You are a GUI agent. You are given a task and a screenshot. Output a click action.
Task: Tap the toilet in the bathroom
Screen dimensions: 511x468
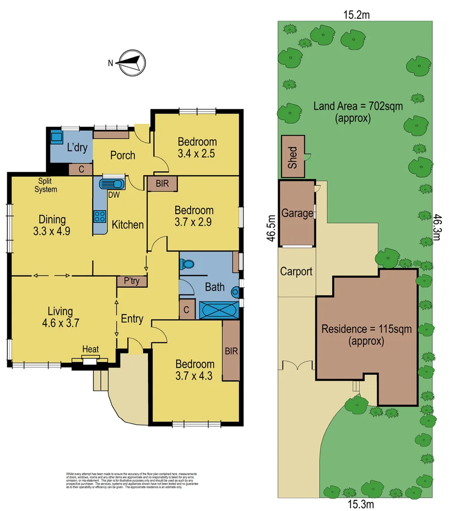pyautogui.click(x=187, y=265)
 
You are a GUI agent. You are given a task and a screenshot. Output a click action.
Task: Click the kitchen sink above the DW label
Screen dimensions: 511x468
pyautogui.click(x=112, y=184)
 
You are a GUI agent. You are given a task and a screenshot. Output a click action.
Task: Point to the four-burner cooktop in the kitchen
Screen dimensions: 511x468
pyautogui.click(x=99, y=216)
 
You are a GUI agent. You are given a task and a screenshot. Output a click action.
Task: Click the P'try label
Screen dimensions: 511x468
pyautogui.click(x=131, y=281)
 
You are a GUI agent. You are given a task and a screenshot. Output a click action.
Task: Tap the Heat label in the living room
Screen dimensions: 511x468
pyautogui.click(x=90, y=349)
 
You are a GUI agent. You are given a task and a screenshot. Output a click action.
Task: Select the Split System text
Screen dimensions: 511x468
pyautogui.click(x=45, y=186)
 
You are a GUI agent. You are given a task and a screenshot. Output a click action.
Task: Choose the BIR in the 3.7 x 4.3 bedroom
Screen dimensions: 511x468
pyautogui.click(x=231, y=351)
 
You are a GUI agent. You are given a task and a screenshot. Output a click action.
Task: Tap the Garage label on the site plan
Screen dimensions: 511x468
pyautogui.click(x=297, y=213)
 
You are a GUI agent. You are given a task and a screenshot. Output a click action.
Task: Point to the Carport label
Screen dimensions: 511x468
pyautogui.click(x=296, y=271)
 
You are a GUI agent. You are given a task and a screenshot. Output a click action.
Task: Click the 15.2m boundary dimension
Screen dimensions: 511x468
pyautogui.click(x=356, y=15)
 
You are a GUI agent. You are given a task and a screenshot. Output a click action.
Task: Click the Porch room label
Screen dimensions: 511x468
pyautogui.click(x=123, y=155)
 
